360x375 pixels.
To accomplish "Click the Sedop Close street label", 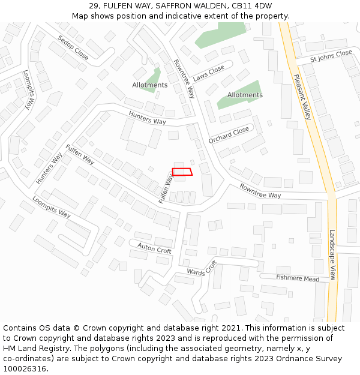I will pyautogui.click(x=73, y=47).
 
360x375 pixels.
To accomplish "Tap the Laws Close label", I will pyautogui.click(x=209, y=73).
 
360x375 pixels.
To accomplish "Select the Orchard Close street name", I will pyautogui.click(x=229, y=135).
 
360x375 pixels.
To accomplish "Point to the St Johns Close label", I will pyautogui.click(x=331, y=56).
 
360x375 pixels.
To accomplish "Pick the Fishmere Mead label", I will pyautogui.click(x=298, y=278).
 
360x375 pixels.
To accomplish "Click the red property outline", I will pyautogui.click(x=182, y=172).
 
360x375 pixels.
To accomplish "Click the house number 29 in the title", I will pyautogui.click(x=94, y=5).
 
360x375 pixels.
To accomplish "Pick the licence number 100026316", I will pyautogui.click(x=25, y=368).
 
